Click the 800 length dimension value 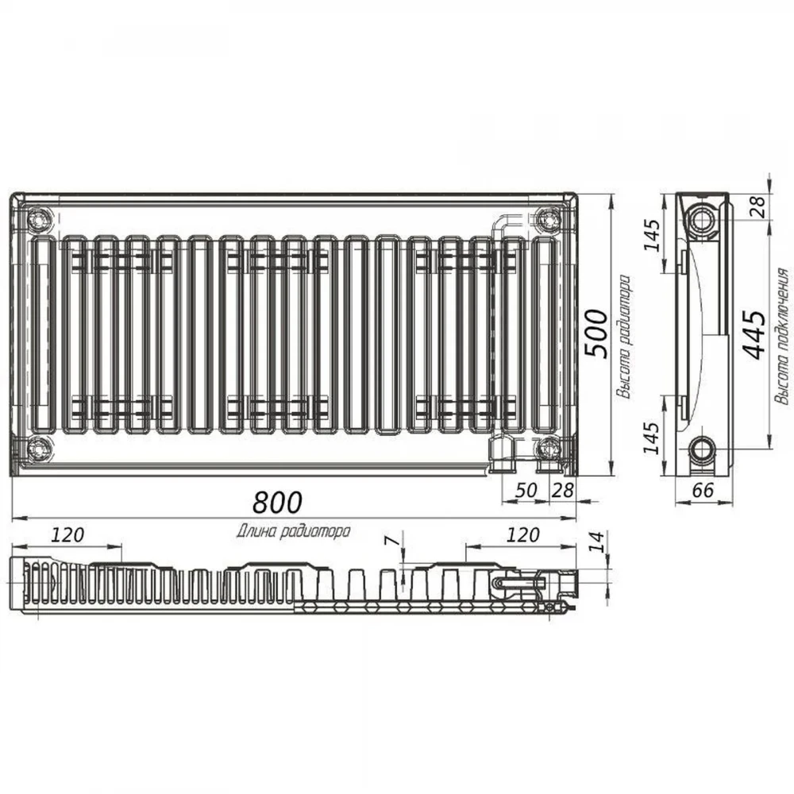point(277,502)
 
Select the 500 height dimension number point(595,333)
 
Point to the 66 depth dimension point(703,490)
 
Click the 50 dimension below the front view point(526,490)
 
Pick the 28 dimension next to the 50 point(563,490)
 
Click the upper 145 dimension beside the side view point(653,235)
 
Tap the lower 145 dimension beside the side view point(653,437)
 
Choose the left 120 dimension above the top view point(67,534)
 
